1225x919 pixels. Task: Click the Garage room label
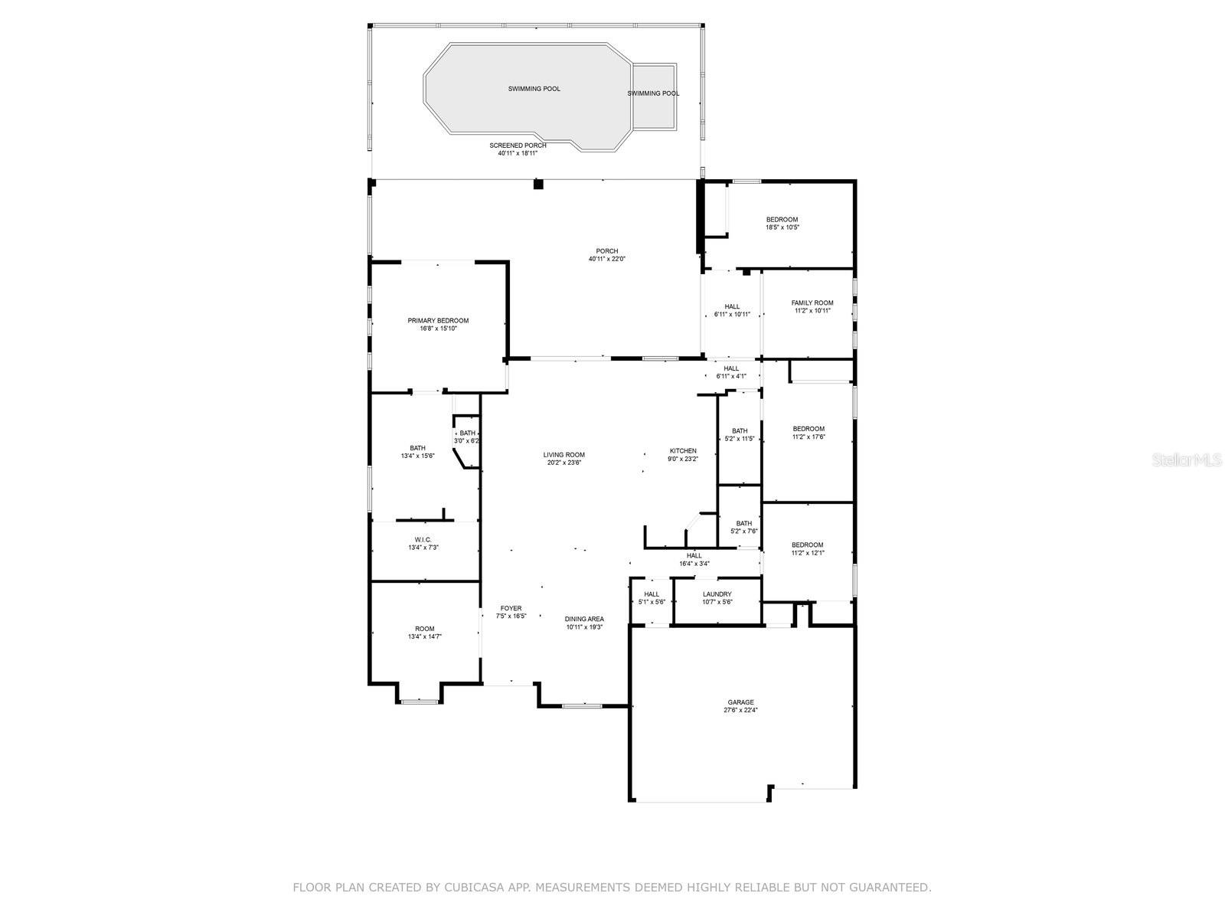point(740,702)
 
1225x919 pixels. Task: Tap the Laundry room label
point(717,594)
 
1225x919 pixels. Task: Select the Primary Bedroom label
point(438,320)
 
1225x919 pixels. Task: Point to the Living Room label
point(564,455)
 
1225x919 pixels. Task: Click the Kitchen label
point(683,451)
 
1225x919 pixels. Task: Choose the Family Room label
point(812,303)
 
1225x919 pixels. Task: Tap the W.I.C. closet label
point(423,540)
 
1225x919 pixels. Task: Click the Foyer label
point(511,608)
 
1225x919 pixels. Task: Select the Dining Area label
point(584,619)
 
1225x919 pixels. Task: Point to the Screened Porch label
point(518,146)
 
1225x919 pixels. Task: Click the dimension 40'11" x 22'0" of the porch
point(606,259)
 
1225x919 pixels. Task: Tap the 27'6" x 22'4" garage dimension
point(740,711)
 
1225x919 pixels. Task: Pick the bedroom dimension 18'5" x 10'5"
point(782,227)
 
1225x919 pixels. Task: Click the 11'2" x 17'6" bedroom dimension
point(808,437)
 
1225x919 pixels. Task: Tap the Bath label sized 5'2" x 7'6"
point(744,523)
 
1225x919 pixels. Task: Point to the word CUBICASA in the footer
point(468,887)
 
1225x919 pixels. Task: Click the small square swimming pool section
point(654,96)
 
